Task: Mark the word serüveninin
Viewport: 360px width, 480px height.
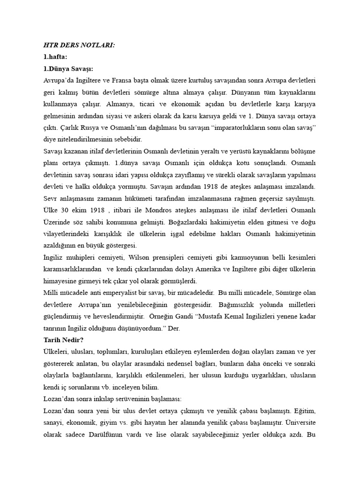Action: [124, 399]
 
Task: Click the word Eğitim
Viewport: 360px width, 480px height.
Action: [306, 411]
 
